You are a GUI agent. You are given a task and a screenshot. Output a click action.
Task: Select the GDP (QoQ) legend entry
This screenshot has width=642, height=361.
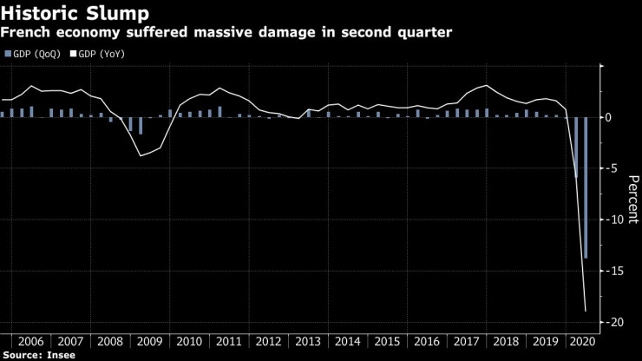coord(34,54)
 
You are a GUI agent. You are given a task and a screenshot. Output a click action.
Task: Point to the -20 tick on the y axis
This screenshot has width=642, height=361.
coord(617,322)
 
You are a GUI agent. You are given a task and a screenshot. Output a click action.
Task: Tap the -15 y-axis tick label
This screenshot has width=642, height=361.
coord(617,271)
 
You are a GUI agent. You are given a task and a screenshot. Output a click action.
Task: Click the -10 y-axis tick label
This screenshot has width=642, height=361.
coord(617,220)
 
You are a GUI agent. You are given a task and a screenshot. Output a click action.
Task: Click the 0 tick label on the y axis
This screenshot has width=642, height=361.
coord(611,117)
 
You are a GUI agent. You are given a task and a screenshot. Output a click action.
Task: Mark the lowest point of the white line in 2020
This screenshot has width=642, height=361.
coord(586,311)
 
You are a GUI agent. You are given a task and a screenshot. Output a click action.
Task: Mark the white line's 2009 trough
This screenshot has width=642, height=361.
coord(141,155)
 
